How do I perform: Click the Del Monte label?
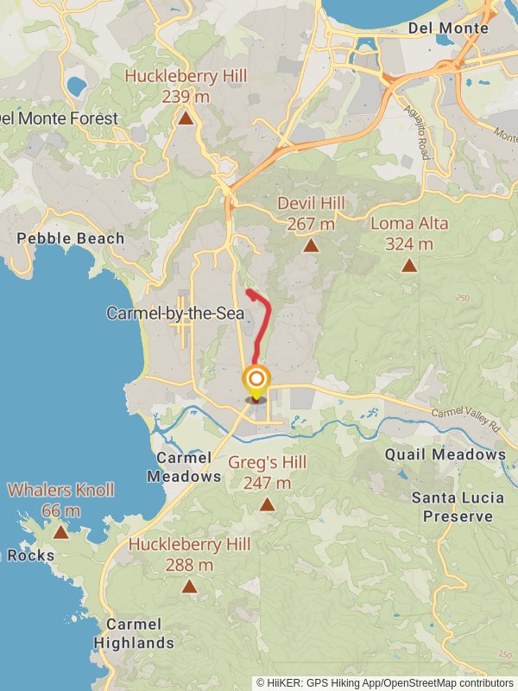tap(448, 29)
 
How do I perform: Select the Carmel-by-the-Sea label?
tap(175, 313)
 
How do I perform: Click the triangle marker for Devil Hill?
tap(311, 246)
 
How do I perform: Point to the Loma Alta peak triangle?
tap(409, 265)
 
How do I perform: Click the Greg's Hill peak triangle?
tap(268, 504)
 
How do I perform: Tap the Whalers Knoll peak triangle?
tap(60, 532)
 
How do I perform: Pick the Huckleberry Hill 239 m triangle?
tap(186, 118)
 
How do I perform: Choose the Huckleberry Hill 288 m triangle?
tap(189, 587)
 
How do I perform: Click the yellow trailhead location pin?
tap(256, 381)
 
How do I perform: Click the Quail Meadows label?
tap(445, 454)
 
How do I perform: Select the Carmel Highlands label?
tap(134, 633)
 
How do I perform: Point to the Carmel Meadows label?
tap(184, 466)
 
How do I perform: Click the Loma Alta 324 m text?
tap(409, 233)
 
